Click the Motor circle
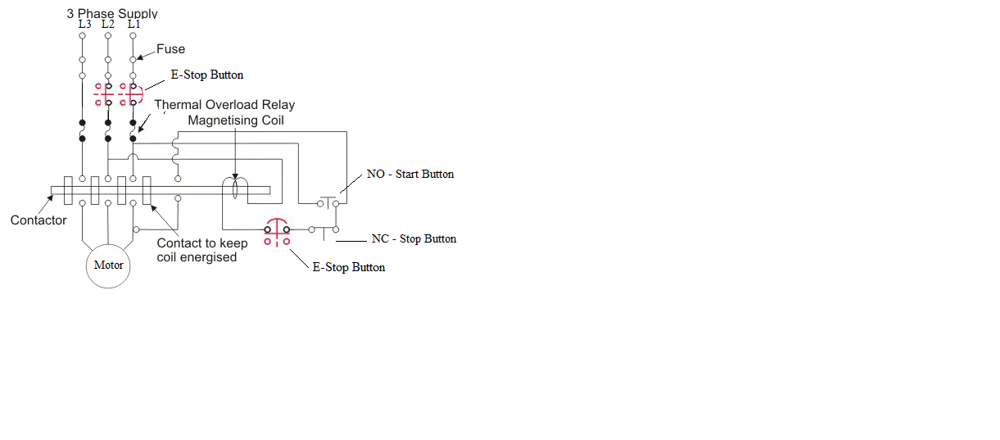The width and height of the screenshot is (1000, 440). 109,265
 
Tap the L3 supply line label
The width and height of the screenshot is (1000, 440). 84,25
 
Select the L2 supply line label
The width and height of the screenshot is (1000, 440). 108,25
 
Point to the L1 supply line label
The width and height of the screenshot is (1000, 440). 133,25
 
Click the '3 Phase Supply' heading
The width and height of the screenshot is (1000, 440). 112,13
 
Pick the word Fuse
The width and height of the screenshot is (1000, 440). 171,49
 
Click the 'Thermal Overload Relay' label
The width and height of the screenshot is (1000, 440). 224,105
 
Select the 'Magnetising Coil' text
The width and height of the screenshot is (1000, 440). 237,120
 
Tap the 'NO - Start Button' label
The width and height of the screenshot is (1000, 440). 410,175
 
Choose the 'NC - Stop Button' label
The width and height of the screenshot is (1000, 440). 414,239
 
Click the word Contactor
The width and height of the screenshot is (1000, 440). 38,220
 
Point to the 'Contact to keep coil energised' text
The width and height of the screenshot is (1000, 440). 201,250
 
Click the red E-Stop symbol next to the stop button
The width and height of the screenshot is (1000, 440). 276,233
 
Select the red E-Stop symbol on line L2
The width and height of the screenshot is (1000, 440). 104,94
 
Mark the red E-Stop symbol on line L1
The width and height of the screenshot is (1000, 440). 130,94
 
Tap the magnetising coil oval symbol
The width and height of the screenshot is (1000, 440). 236,189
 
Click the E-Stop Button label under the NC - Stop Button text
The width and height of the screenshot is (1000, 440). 349,268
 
